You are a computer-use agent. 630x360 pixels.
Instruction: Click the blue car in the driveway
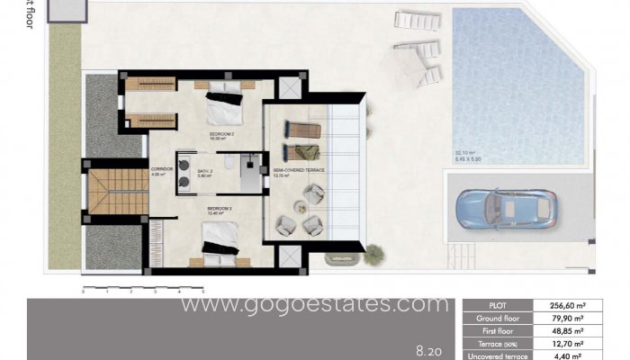(x=506, y=210)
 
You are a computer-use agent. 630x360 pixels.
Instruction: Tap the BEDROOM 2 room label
(x=221, y=136)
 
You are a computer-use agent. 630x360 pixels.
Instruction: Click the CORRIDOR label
(x=161, y=170)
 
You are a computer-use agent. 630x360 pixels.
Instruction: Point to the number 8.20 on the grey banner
(x=428, y=347)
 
